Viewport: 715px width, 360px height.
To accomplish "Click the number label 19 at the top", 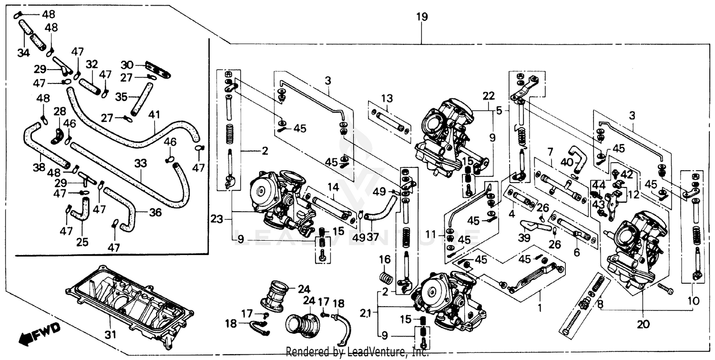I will pyautogui.click(x=422, y=18).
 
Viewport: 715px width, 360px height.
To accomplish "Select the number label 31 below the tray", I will pyautogui.click(x=110, y=336).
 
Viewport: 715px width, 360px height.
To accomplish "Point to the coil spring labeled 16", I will pyautogui.click(x=385, y=277).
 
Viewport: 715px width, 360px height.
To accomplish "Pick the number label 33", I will pyautogui.click(x=140, y=164).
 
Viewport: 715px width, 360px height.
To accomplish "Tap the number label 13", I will pyautogui.click(x=387, y=99).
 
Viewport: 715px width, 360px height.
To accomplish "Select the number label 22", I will pyautogui.click(x=488, y=95).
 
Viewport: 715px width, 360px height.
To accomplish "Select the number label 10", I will pyautogui.click(x=693, y=301).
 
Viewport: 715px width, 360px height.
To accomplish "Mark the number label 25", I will pyautogui.click(x=82, y=242).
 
